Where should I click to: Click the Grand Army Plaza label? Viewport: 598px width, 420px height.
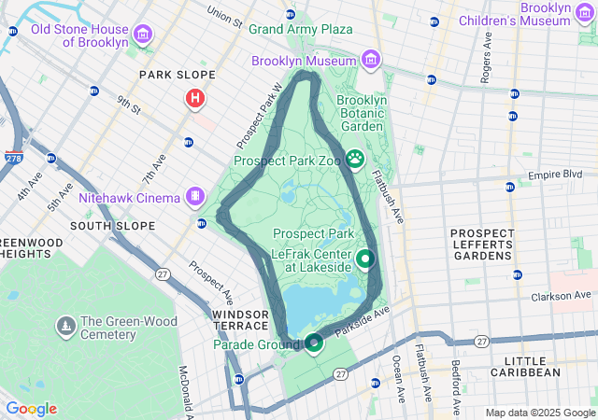click(x=300, y=29)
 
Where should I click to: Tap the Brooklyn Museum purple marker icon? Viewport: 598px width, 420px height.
click(x=372, y=61)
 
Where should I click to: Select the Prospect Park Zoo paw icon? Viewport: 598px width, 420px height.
click(x=355, y=159)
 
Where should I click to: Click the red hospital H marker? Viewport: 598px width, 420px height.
click(x=194, y=98)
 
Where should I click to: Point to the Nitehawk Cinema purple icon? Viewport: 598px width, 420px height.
click(x=194, y=197)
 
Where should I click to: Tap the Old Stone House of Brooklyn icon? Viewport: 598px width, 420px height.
click(x=142, y=35)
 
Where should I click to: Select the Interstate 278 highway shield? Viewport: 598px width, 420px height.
click(x=14, y=160)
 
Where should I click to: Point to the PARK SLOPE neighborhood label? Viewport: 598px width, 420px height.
click(x=177, y=75)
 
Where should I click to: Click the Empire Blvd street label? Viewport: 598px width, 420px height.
click(x=555, y=175)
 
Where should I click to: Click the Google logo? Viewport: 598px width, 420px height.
click(x=31, y=409)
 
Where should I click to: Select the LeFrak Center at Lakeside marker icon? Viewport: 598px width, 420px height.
click(x=365, y=259)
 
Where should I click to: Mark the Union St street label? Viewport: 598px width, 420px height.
click(x=224, y=16)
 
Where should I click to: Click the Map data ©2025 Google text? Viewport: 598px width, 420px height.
click(x=539, y=413)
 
